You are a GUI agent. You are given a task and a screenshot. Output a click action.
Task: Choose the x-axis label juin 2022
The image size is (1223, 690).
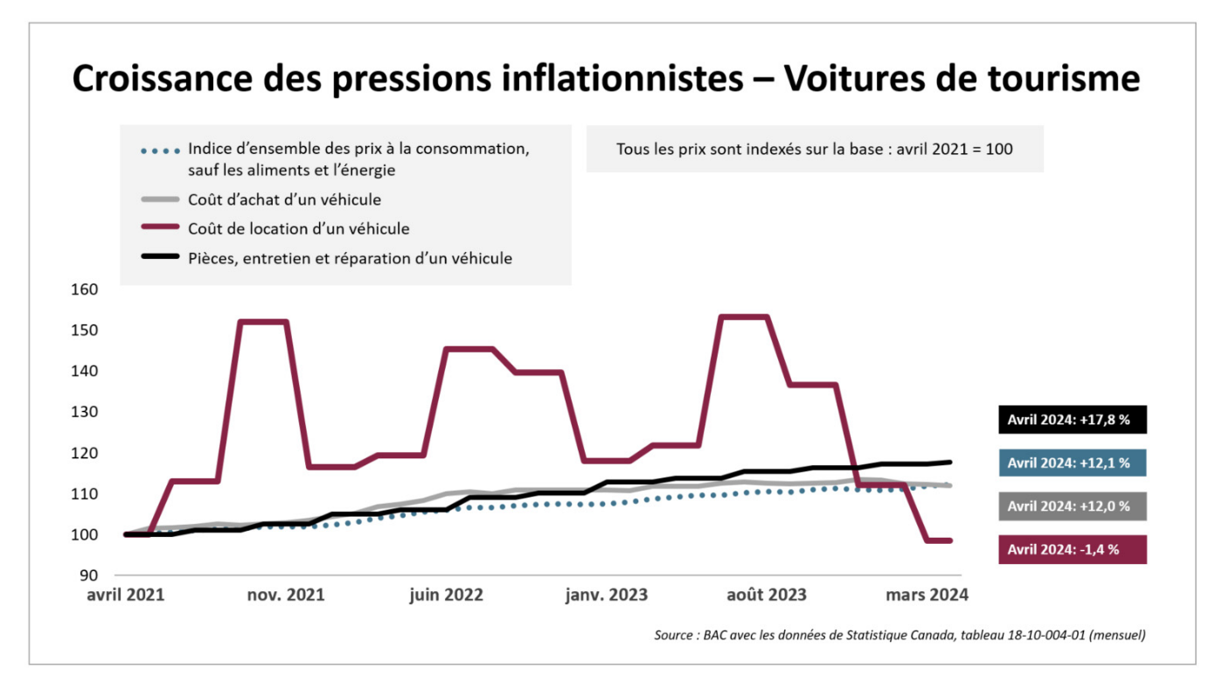(x=446, y=595)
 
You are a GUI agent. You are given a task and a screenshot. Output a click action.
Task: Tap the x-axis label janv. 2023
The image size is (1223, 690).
(x=607, y=595)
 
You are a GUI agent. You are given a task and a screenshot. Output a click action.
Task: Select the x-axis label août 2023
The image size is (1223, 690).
(x=768, y=595)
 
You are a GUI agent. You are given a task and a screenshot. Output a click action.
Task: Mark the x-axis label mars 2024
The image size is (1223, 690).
(x=927, y=595)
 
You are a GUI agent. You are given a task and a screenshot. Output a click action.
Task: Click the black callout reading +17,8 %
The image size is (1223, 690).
(x=1072, y=420)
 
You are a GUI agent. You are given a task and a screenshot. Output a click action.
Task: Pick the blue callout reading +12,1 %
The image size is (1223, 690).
(x=1072, y=463)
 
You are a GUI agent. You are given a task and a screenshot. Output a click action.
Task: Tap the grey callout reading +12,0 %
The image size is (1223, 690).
(x=1072, y=506)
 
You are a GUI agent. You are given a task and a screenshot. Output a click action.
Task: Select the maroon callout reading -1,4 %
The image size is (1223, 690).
(x=1072, y=549)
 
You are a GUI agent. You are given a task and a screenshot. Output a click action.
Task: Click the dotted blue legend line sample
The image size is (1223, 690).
(x=161, y=150)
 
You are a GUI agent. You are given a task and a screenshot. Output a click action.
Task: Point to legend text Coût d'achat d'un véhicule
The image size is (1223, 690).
(x=284, y=199)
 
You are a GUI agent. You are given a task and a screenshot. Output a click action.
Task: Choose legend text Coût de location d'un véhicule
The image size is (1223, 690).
(x=298, y=228)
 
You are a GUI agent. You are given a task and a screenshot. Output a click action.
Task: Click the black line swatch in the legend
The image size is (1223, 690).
(x=161, y=258)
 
